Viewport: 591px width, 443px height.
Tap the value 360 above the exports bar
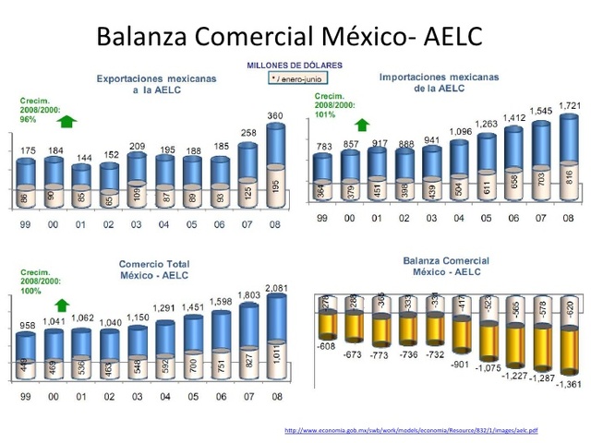(275, 115)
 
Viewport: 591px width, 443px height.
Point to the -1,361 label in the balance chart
(569, 384)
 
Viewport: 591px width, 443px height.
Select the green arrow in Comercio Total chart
(62, 304)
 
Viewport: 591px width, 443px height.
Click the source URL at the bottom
(411, 430)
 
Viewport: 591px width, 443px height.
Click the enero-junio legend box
(294, 79)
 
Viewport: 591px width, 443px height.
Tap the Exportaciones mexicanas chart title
(157, 85)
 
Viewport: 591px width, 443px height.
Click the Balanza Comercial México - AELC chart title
(446, 267)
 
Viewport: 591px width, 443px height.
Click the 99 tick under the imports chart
(322, 219)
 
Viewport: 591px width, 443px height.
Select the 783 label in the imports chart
(323, 147)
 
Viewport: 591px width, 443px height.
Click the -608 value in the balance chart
(324, 346)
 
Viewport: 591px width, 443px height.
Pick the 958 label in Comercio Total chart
(28, 326)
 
